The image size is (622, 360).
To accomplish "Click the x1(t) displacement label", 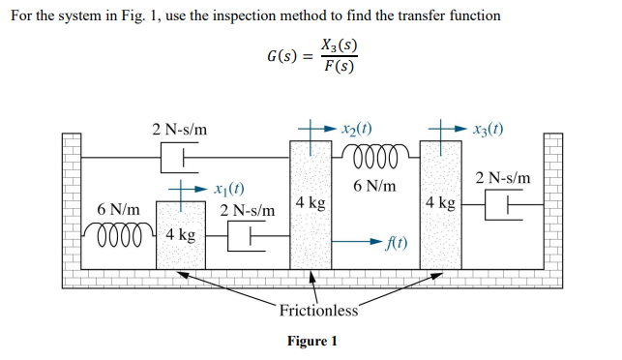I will coord(225,189).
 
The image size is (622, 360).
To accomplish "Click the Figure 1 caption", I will coord(312,342).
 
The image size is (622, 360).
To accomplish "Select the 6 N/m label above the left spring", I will coord(118,209).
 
